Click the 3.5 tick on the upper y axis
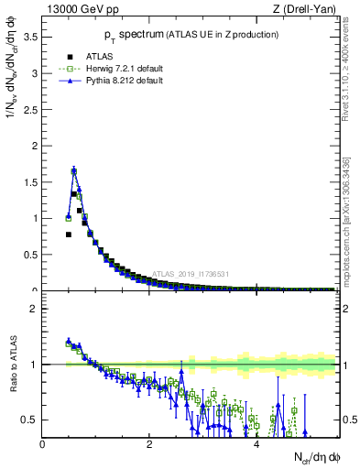coord(32,37)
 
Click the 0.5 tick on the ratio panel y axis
coord(32,420)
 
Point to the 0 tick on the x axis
coord(42,445)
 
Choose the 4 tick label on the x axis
coord(256,445)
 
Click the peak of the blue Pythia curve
coord(73,170)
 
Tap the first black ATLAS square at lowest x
coord(68,234)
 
